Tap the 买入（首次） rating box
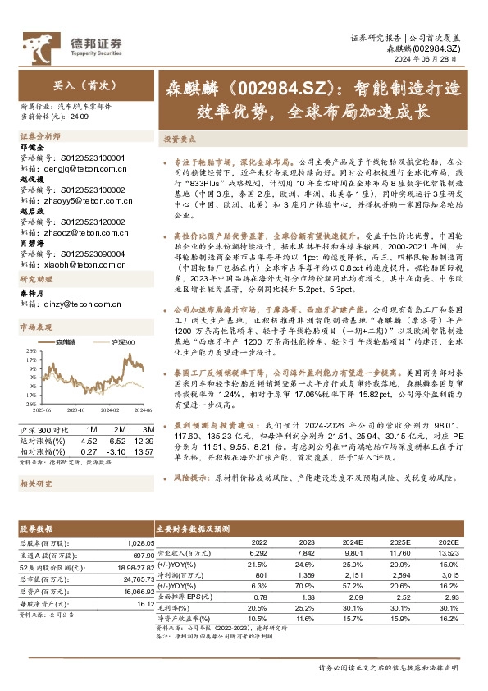point(79,85)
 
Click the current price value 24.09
point(78,116)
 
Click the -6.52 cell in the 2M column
point(116,440)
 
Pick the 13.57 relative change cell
point(143,451)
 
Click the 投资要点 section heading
point(178,140)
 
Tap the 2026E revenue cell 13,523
point(448,552)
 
